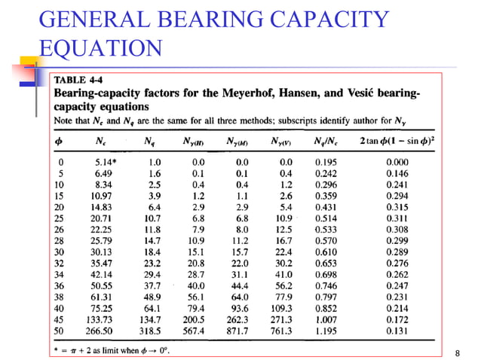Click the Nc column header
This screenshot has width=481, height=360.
[x=100, y=141]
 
